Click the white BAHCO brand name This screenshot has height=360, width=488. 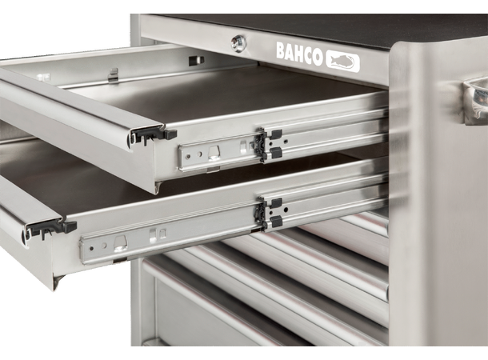pyautogui.click(x=299, y=54)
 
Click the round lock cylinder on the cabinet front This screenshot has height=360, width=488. pyautogui.click(x=238, y=42)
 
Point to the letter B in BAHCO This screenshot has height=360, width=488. pyautogui.click(x=281, y=50)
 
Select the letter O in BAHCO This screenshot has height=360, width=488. pyautogui.click(x=318, y=58)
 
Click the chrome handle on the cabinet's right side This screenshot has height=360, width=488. pyautogui.click(x=475, y=101)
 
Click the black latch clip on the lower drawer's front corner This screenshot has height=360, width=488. pyautogui.click(x=52, y=228)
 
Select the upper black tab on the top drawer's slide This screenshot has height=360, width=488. pyautogui.click(x=275, y=134)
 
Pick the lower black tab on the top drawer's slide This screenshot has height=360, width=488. pyautogui.click(x=276, y=153)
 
